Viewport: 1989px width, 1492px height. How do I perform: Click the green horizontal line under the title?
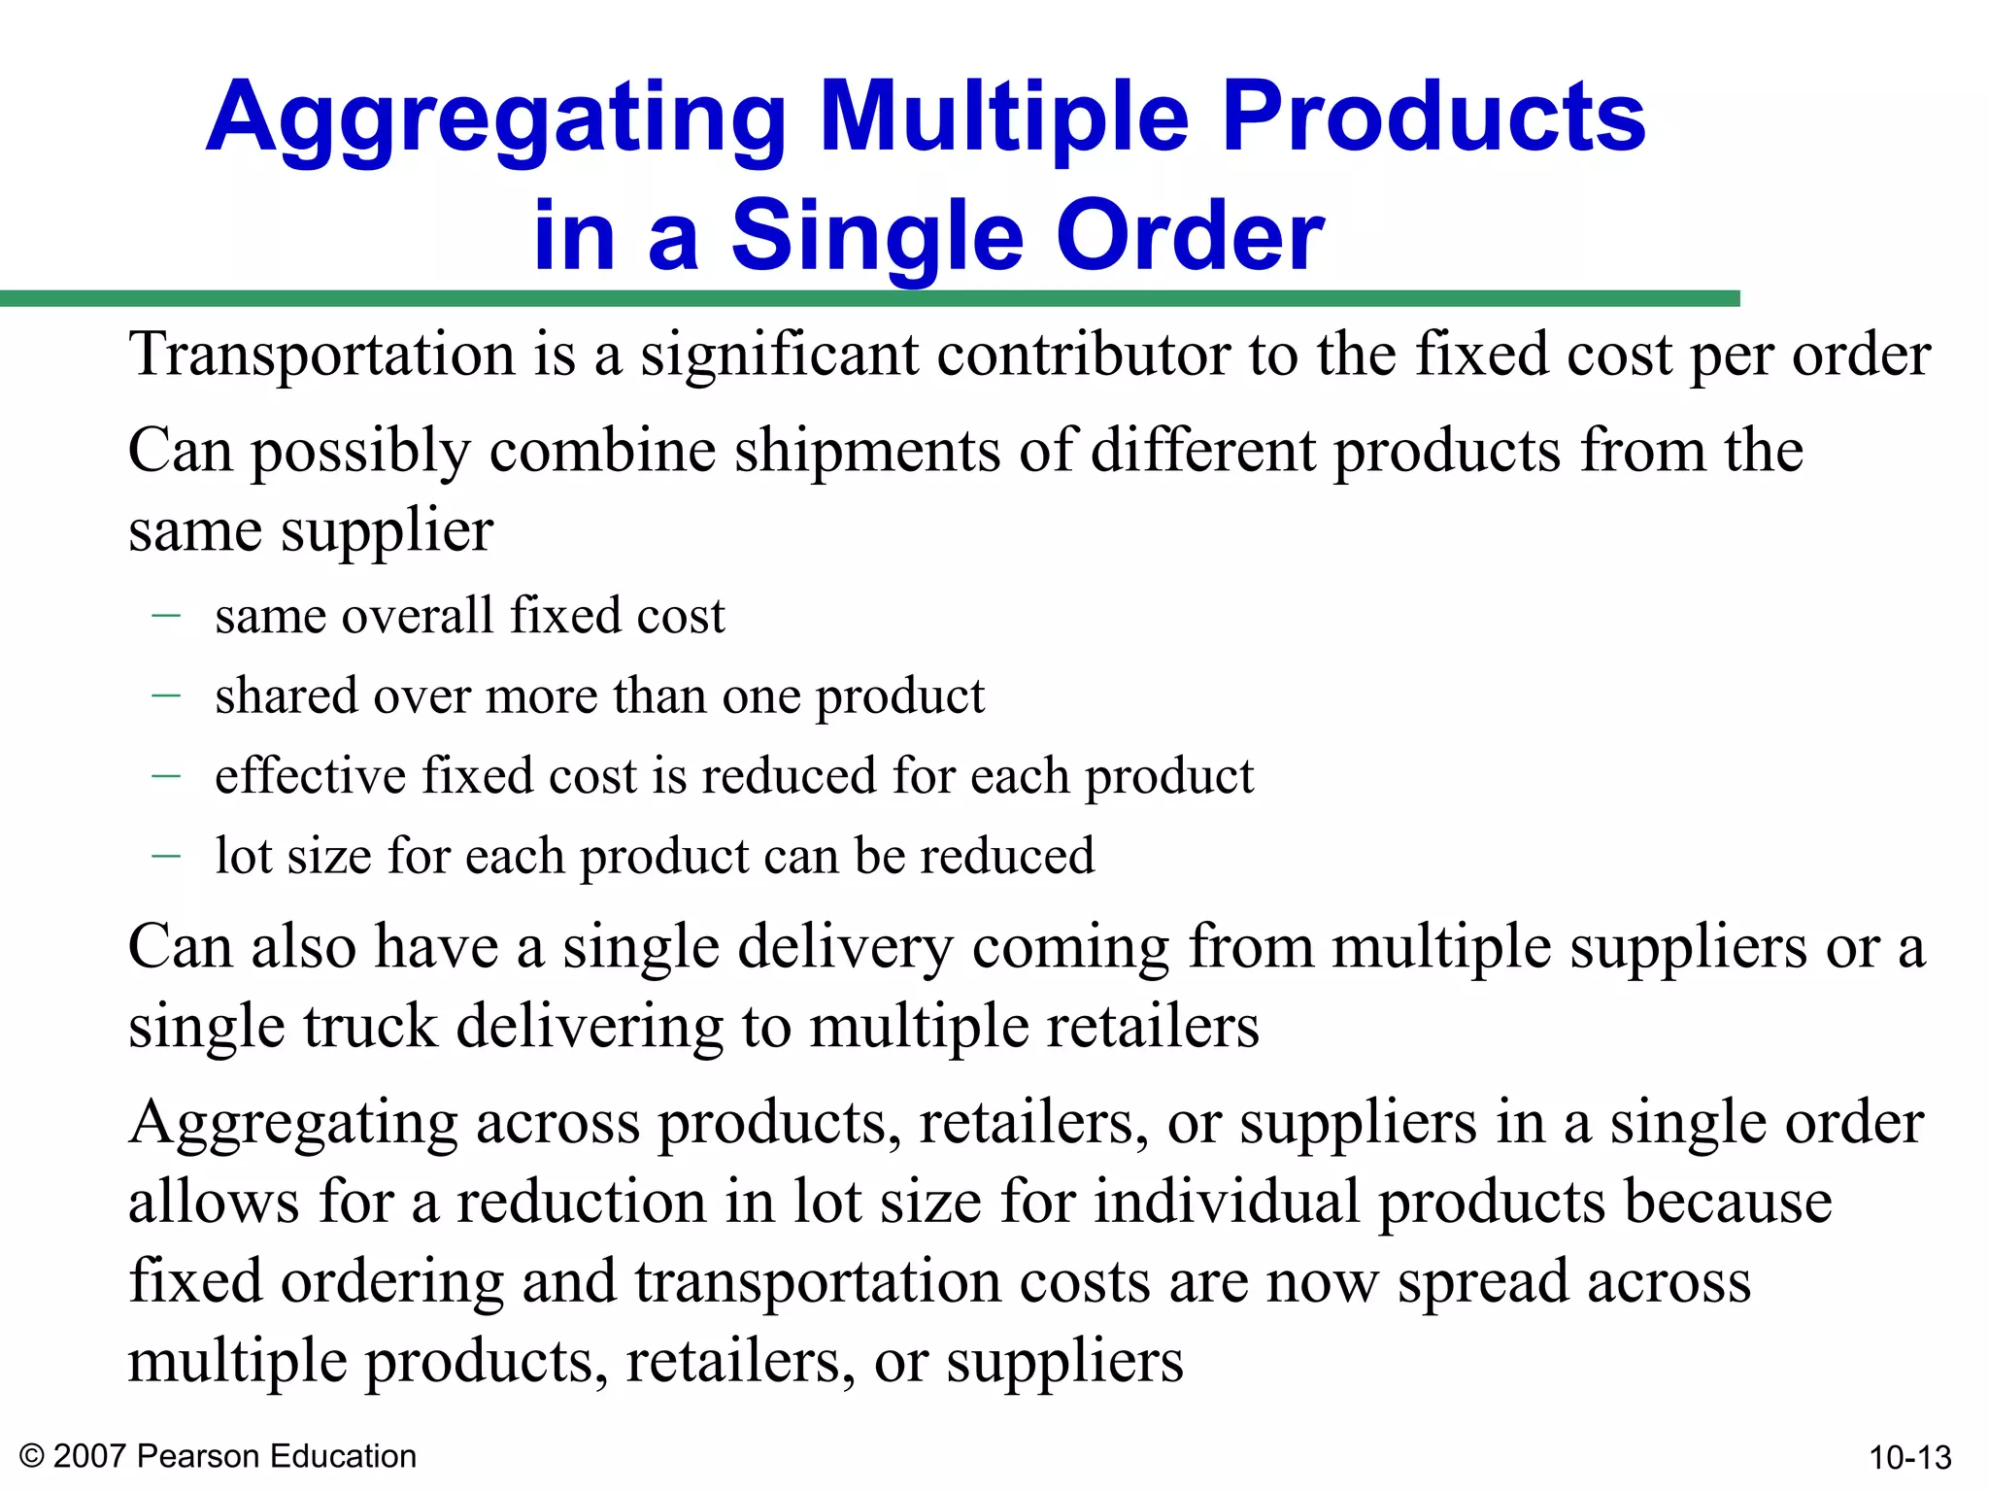869,299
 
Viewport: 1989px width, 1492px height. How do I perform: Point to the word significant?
778,354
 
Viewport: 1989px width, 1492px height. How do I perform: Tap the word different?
1202,452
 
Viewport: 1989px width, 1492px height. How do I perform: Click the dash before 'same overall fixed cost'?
166,615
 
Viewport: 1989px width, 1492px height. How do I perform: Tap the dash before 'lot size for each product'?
166,856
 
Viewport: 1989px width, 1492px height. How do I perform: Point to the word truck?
370,1027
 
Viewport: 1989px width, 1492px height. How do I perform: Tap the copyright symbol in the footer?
32,1457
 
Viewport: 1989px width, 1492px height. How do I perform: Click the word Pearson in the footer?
199,1457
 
